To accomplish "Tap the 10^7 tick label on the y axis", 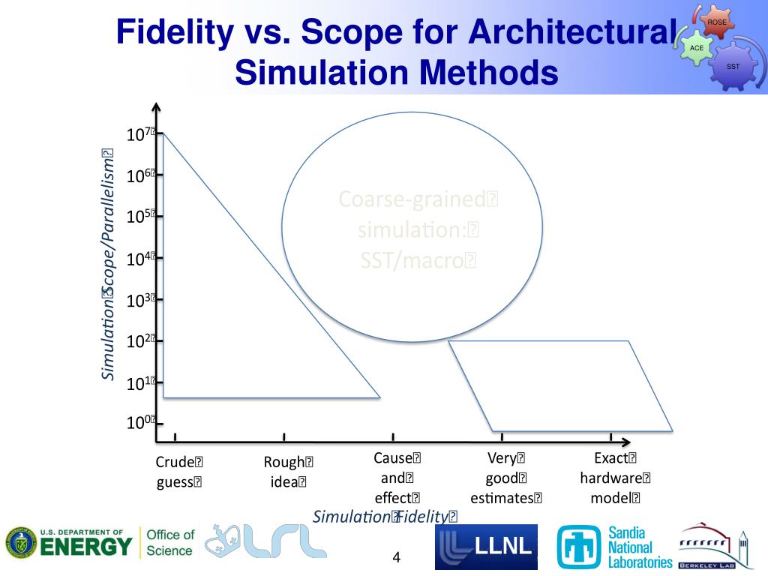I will (140, 135).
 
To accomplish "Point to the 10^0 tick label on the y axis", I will (140, 423).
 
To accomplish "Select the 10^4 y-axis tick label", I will (140, 259).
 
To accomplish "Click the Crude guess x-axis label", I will (179, 472).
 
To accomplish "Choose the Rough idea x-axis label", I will (289, 472).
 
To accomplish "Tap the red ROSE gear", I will (716, 22).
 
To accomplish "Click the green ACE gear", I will (697, 47).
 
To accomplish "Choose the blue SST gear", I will (733, 67).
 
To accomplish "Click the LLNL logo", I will (486, 547).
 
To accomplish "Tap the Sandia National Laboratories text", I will (640, 547).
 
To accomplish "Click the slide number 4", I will (397, 558).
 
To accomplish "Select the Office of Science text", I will (169, 542).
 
